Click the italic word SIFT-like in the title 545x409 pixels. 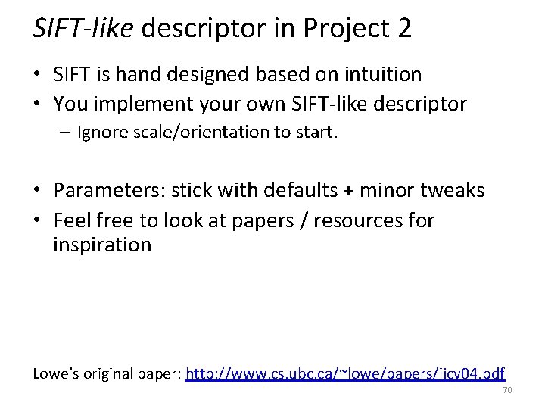point(83,29)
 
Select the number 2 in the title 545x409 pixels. point(403,29)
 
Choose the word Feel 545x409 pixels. point(70,220)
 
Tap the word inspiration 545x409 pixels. point(102,245)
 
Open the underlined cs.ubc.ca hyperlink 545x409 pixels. point(345,373)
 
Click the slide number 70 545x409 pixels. point(507,391)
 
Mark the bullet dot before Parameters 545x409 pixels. point(38,191)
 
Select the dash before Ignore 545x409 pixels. point(67,133)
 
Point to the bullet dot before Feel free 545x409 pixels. point(38,221)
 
